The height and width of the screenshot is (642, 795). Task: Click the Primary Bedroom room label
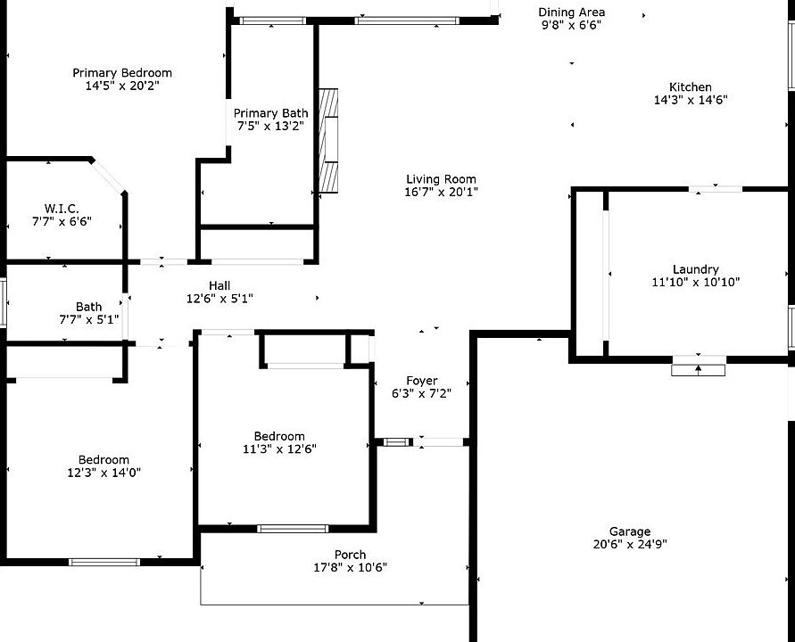click(x=122, y=73)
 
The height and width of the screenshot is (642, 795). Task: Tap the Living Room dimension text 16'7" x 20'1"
click(x=441, y=192)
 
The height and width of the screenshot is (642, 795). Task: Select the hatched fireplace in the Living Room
click(x=328, y=141)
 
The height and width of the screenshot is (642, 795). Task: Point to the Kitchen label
click(x=690, y=86)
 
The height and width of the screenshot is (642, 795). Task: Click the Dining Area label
click(x=571, y=12)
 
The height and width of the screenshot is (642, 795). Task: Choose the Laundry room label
click(x=696, y=269)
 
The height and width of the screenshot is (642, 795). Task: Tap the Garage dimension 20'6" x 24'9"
click(x=630, y=544)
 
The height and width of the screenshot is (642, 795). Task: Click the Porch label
click(x=350, y=555)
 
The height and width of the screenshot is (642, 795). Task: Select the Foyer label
click(x=422, y=381)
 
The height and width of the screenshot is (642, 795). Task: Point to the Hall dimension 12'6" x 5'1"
click(x=219, y=299)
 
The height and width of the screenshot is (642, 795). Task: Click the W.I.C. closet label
click(x=62, y=209)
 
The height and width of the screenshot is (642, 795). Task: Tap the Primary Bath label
click(x=270, y=113)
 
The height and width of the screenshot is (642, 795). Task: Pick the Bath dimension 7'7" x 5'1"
click(x=89, y=320)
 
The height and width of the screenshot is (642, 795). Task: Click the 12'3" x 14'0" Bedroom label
click(x=104, y=460)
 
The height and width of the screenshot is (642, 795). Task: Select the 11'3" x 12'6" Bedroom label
click(x=279, y=436)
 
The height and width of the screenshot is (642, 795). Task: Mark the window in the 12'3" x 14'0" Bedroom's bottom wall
click(x=104, y=562)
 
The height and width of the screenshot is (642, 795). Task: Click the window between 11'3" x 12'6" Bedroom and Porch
click(x=293, y=529)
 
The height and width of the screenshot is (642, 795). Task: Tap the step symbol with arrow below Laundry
click(x=698, y=370)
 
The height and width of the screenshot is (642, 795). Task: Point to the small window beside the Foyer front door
click(x=396, y=442)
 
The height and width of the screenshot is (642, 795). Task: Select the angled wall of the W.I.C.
click(x=108, y=176)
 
